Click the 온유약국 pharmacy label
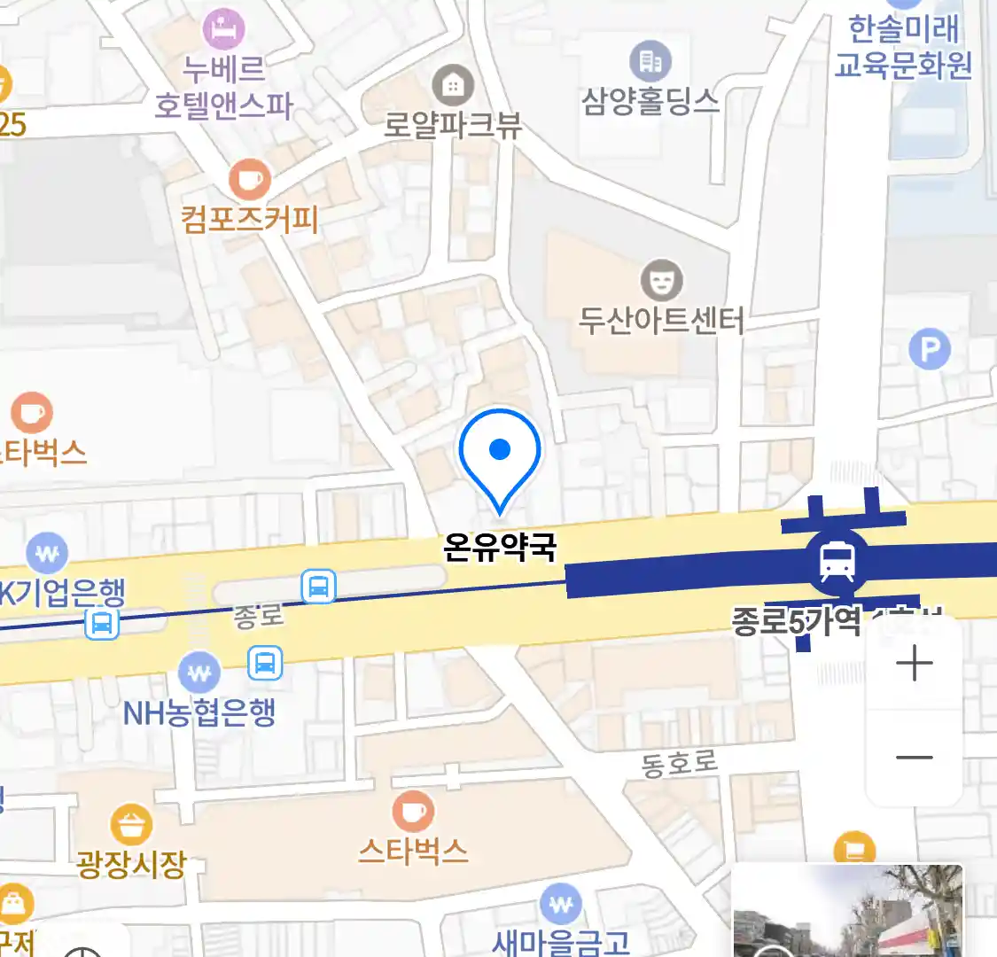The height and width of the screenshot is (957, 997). [x=500, y=548]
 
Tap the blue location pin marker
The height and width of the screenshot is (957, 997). [x=500, y=452]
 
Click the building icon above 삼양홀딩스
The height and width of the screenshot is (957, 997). [x=650, y=61]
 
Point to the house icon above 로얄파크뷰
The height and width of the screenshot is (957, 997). [x=453, y=86]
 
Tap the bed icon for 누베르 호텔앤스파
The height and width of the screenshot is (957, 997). [x=223, y=28]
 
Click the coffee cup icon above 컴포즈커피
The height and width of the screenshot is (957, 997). [x=249, y=181]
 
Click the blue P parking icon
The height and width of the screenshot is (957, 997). [x=930, y=351]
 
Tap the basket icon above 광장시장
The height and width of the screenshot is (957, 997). [x=131, y=826]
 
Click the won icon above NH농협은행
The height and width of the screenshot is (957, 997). [x=199, y=673]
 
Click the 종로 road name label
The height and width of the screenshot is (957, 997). [x=258, y=614]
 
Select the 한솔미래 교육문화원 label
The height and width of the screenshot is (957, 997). [x=903, y=47]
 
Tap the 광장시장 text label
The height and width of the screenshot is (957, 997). [x=131, y=864]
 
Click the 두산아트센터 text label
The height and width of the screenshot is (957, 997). [x=661, y=320]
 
